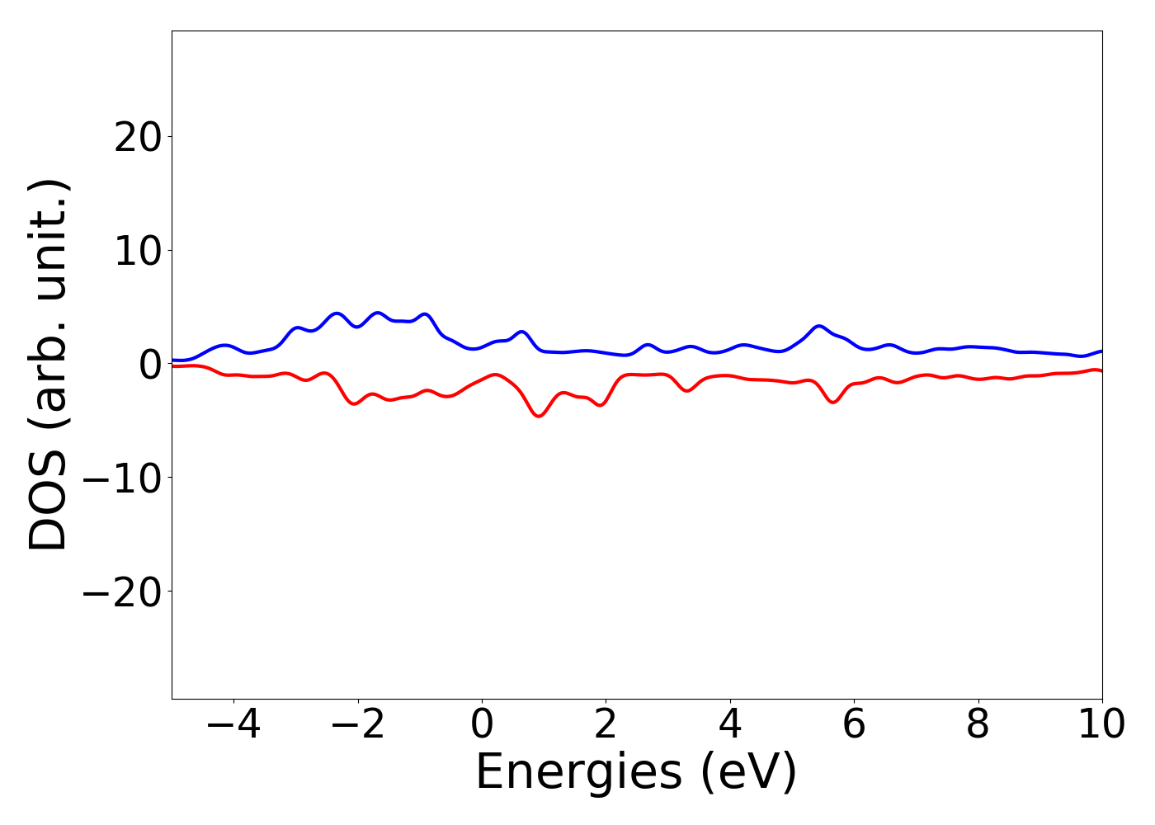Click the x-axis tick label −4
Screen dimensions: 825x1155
pos(233,725)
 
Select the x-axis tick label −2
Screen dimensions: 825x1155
pos(358,725)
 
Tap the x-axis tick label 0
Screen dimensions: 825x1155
pos(482,725)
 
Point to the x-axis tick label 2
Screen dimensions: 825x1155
pos(606,725)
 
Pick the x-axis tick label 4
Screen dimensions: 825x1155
pos(730,725)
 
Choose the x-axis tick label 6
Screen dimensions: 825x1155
pos(854,725)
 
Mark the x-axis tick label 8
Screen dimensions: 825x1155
pos(978,725)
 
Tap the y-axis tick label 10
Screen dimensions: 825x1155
pos(137,251)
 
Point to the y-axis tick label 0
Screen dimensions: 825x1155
pos(149,365)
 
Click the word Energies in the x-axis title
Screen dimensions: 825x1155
pos(578,773)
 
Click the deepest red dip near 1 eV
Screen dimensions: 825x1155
pos(540,416)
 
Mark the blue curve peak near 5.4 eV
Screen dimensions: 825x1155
pos(818,327)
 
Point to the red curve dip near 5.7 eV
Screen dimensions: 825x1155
pos(833,402)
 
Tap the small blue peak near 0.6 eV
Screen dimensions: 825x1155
pos(521,332)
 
